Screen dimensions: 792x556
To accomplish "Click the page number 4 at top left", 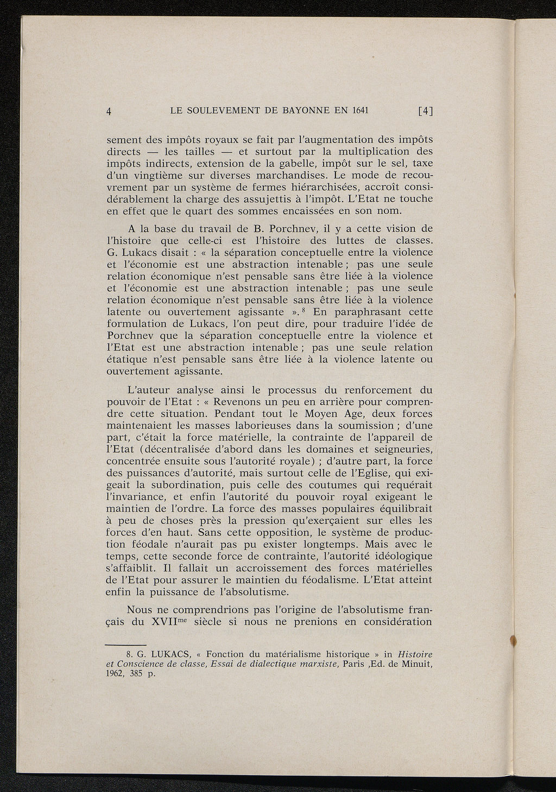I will click(109, 112).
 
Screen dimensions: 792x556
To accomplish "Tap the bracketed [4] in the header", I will click(425, 112).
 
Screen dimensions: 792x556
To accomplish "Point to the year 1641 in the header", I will click(358, 111).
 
